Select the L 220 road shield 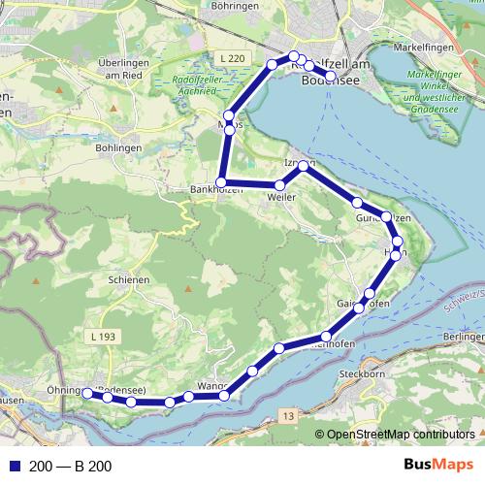[x=231, y=59]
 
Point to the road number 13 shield [x=288, y=415]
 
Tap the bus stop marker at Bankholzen [x=222, y=182]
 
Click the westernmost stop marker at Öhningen [x=86, y=393]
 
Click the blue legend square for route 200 [x=11, y=467]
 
